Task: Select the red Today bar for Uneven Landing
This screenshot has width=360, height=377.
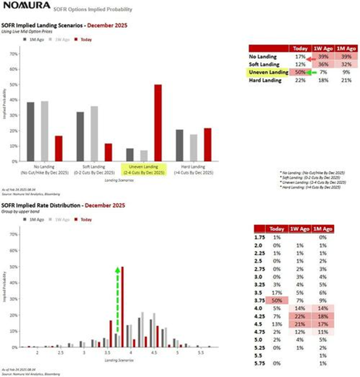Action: [x=158, y=123]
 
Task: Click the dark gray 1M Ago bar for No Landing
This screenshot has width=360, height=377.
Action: [x=31, y=132]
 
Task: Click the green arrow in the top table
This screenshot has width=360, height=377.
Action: [x=313, y=72]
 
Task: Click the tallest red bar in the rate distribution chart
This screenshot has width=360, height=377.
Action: [x=123, y=306]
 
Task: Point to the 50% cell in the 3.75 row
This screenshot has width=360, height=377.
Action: [x=277, y=300]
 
